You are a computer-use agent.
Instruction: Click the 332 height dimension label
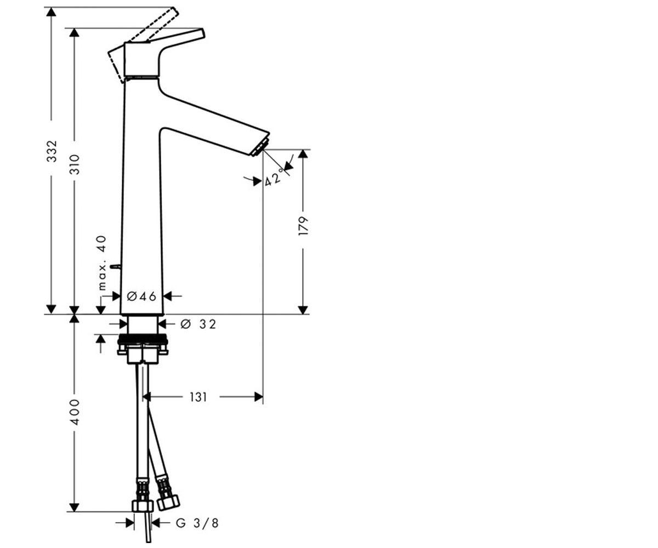tap(52, 151)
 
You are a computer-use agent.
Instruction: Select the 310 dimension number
tap(75, 164)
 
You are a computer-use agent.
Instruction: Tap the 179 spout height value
tap(303, 225)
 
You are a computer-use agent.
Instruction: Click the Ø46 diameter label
tap(141, 296)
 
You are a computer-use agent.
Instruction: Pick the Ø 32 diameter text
tap(198, 324)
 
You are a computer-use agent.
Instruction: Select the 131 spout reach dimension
tap(198, 397)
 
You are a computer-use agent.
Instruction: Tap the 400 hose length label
tap(75, 412)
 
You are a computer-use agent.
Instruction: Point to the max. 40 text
tap(103, 262)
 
